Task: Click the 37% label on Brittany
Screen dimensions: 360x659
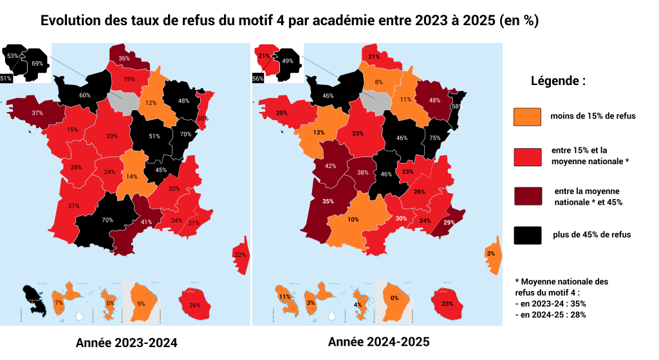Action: click(37, 113)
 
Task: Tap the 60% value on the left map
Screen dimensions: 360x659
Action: click(84, 95)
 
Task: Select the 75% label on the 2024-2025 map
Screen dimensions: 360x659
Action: click(434, 137)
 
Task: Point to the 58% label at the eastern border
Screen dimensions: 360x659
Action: click(456, 106)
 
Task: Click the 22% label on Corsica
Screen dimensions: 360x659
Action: click(240, 255)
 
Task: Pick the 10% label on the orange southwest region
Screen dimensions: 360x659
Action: click(353, 220)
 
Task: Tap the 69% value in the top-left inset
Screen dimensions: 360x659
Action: click(37, 64)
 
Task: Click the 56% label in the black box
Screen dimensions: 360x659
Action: click(258, 79)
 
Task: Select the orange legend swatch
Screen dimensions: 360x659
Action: click(526, 117)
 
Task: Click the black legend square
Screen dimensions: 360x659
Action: click(526, 235)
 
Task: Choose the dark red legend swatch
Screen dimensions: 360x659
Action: click(526, 196)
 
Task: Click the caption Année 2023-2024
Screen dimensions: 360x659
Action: click(126, 342)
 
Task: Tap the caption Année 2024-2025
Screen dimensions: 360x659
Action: click(378, 342)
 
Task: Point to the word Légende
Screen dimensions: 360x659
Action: click(558, 82)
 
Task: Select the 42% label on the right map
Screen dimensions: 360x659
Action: click(331, 166)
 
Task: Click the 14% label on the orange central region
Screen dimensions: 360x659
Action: click(131, 176)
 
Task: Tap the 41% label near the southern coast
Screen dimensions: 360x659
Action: click(145, 222)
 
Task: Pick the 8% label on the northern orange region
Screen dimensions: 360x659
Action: click(379, 82)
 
